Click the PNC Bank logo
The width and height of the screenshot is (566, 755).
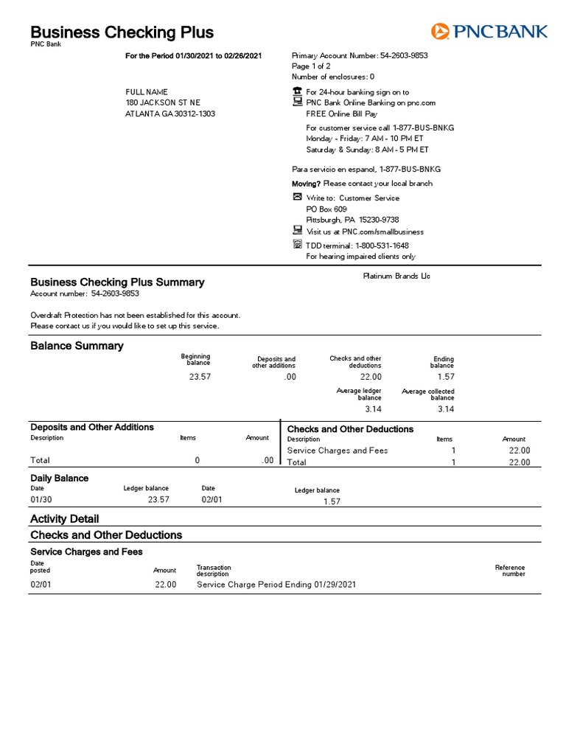489,31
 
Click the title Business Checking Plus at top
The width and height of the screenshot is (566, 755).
122,32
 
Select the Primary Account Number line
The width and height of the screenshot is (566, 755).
360,55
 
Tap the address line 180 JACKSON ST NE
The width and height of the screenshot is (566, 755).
163,102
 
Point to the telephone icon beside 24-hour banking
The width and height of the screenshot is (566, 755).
297,91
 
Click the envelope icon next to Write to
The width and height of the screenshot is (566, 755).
297,198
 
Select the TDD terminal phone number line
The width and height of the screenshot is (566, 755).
357,246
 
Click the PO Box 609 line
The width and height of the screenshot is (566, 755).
326,209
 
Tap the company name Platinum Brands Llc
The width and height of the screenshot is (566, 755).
396,276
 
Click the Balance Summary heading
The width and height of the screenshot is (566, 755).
77,346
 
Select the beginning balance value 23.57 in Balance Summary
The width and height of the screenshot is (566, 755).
199,377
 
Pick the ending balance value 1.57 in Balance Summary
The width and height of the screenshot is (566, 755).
445,377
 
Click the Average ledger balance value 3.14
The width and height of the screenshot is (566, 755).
371,408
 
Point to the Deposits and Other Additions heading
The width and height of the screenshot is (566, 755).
92,427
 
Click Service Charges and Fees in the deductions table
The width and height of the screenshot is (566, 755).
337,450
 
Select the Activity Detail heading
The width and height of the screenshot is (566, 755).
64,518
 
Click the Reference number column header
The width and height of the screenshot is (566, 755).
510,571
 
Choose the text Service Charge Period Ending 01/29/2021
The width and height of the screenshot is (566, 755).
276,585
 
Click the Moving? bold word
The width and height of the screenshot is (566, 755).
307,184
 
